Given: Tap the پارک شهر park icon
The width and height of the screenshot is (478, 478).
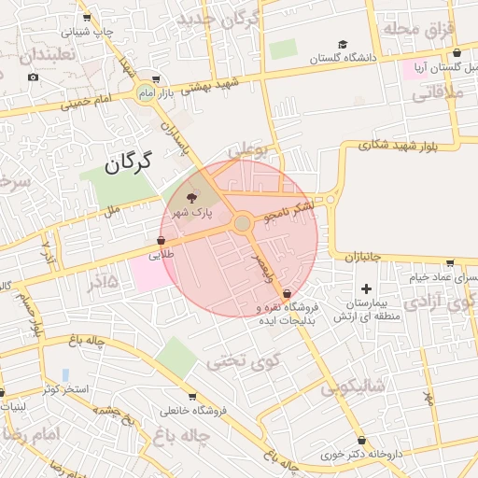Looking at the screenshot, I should coord(191,198).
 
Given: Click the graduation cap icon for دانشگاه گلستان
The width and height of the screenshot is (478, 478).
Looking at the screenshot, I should coord(343,45).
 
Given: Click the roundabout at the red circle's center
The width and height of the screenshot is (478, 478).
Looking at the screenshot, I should coord(243,223).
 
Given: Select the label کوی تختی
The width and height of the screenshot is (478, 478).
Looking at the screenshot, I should coord(231,358).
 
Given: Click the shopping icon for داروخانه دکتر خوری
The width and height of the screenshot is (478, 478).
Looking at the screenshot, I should coord(360,441).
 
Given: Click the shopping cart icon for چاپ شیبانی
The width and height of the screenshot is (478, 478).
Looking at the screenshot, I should coord(87,17).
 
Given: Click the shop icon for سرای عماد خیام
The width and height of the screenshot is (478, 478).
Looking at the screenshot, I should coord(450,263).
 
